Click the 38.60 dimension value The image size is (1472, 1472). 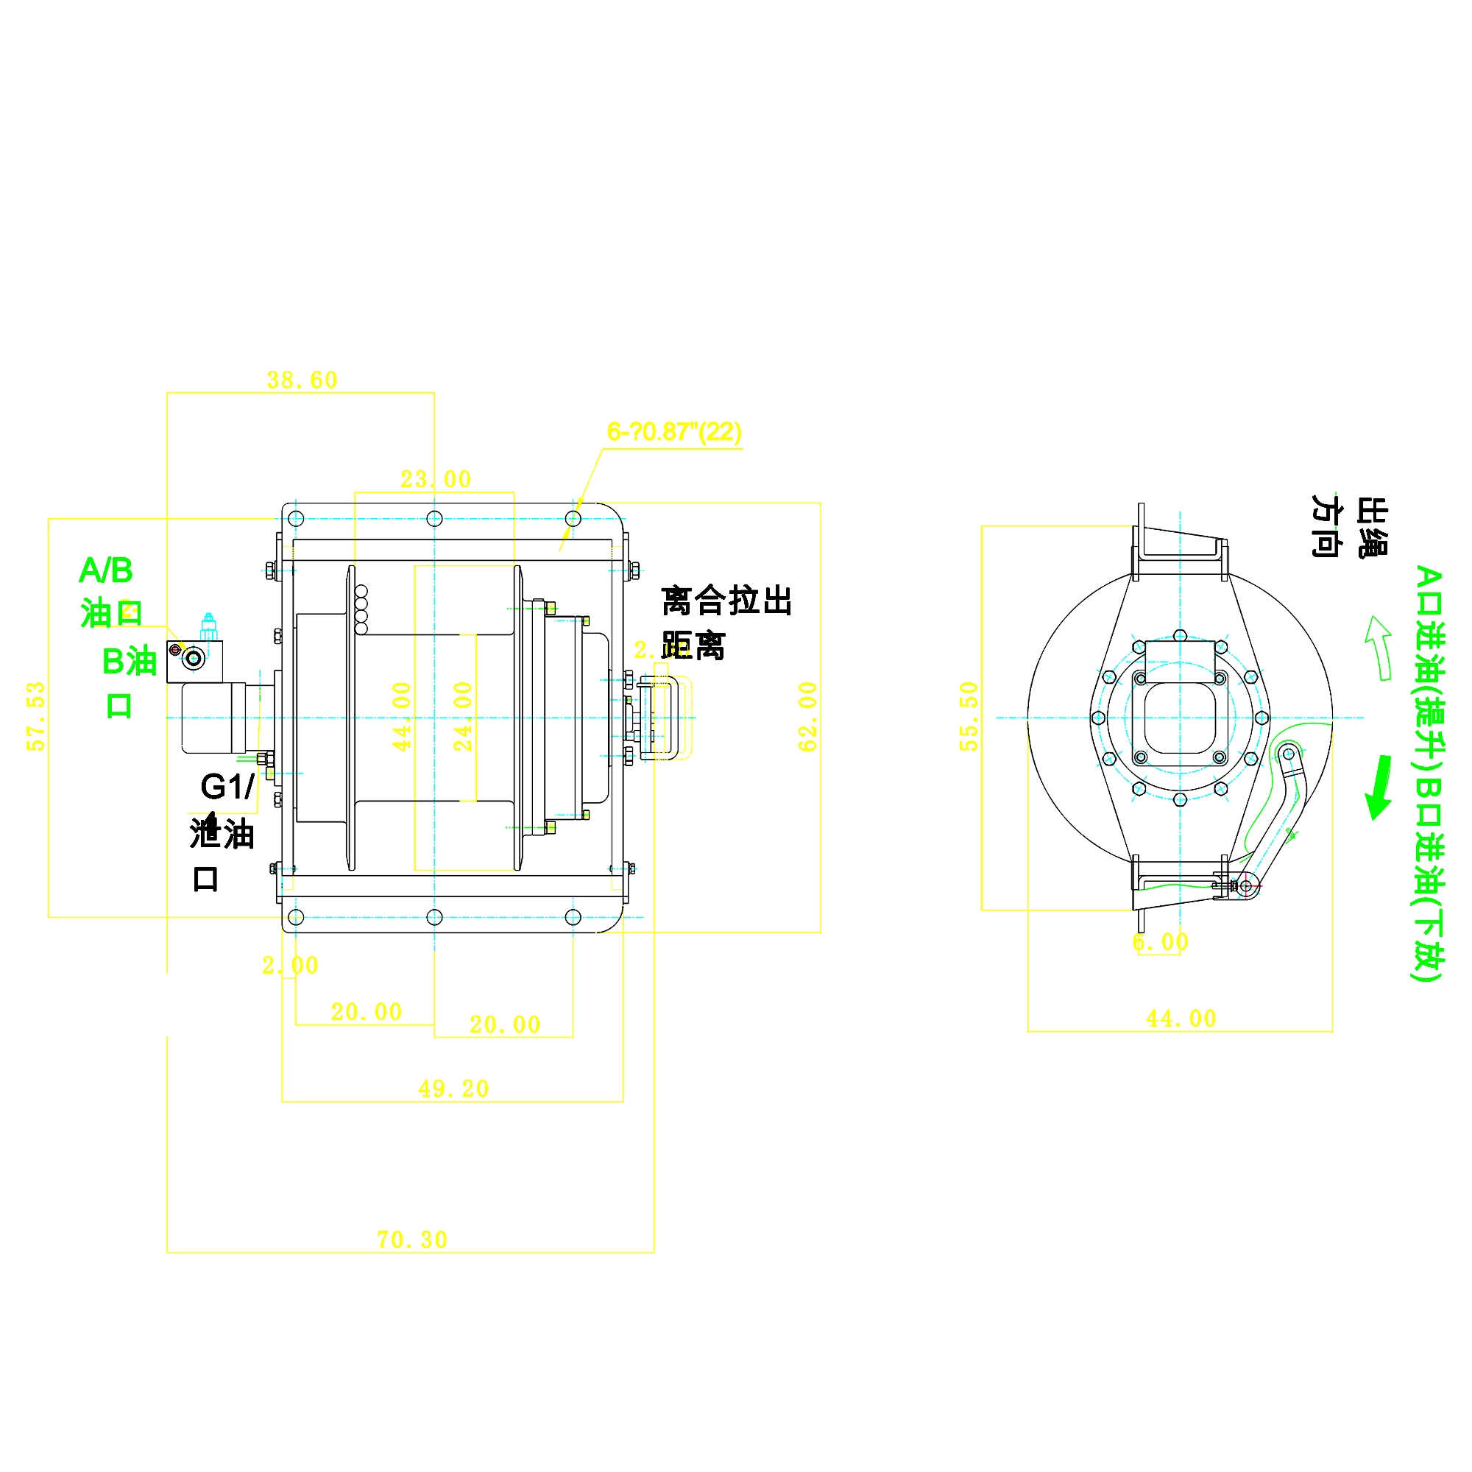point(302,381)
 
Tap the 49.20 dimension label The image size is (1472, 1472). point(453,1089)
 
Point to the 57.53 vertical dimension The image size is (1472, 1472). point(36,716)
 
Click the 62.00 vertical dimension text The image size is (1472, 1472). point(807,716)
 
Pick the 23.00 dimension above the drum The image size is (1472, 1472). point(436,479)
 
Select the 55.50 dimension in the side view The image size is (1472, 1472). point(968,716)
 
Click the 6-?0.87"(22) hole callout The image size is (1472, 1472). point(673,432)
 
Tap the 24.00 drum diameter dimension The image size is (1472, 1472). point(462,716)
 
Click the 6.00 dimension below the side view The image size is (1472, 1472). point(1160,943)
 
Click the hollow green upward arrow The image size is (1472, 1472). point(1379,647)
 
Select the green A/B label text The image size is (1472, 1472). point(106,570)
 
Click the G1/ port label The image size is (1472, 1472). point(226,787)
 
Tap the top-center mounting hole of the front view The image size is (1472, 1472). point(434,519)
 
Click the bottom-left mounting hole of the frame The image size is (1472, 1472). point(297,916)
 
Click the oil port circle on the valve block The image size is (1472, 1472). point(194,658)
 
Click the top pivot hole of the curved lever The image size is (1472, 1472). point(1287,754)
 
